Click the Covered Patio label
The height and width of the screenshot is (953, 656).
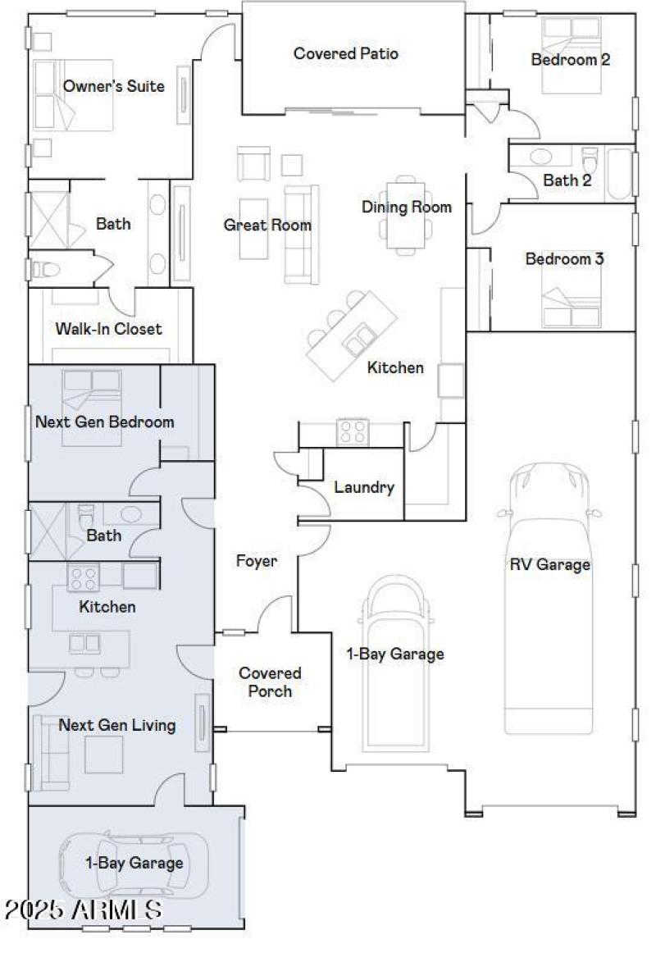[x=345, y=54]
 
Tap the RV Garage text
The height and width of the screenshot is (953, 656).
[x=549, y=564]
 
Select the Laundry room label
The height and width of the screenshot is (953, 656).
[x=364, y=487]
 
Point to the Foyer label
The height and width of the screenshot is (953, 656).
[x=256, y=562]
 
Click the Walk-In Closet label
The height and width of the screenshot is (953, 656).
[x=108, y=329]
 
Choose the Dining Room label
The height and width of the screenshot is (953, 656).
[x=407, y=207]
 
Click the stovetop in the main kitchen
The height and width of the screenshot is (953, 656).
[x=353, y=431]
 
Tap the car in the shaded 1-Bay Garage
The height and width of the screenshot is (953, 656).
[x=134, y=865]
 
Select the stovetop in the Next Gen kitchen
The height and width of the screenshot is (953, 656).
[x=83, y=577]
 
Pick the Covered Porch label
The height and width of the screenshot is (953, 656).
[x=270, y=682]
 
